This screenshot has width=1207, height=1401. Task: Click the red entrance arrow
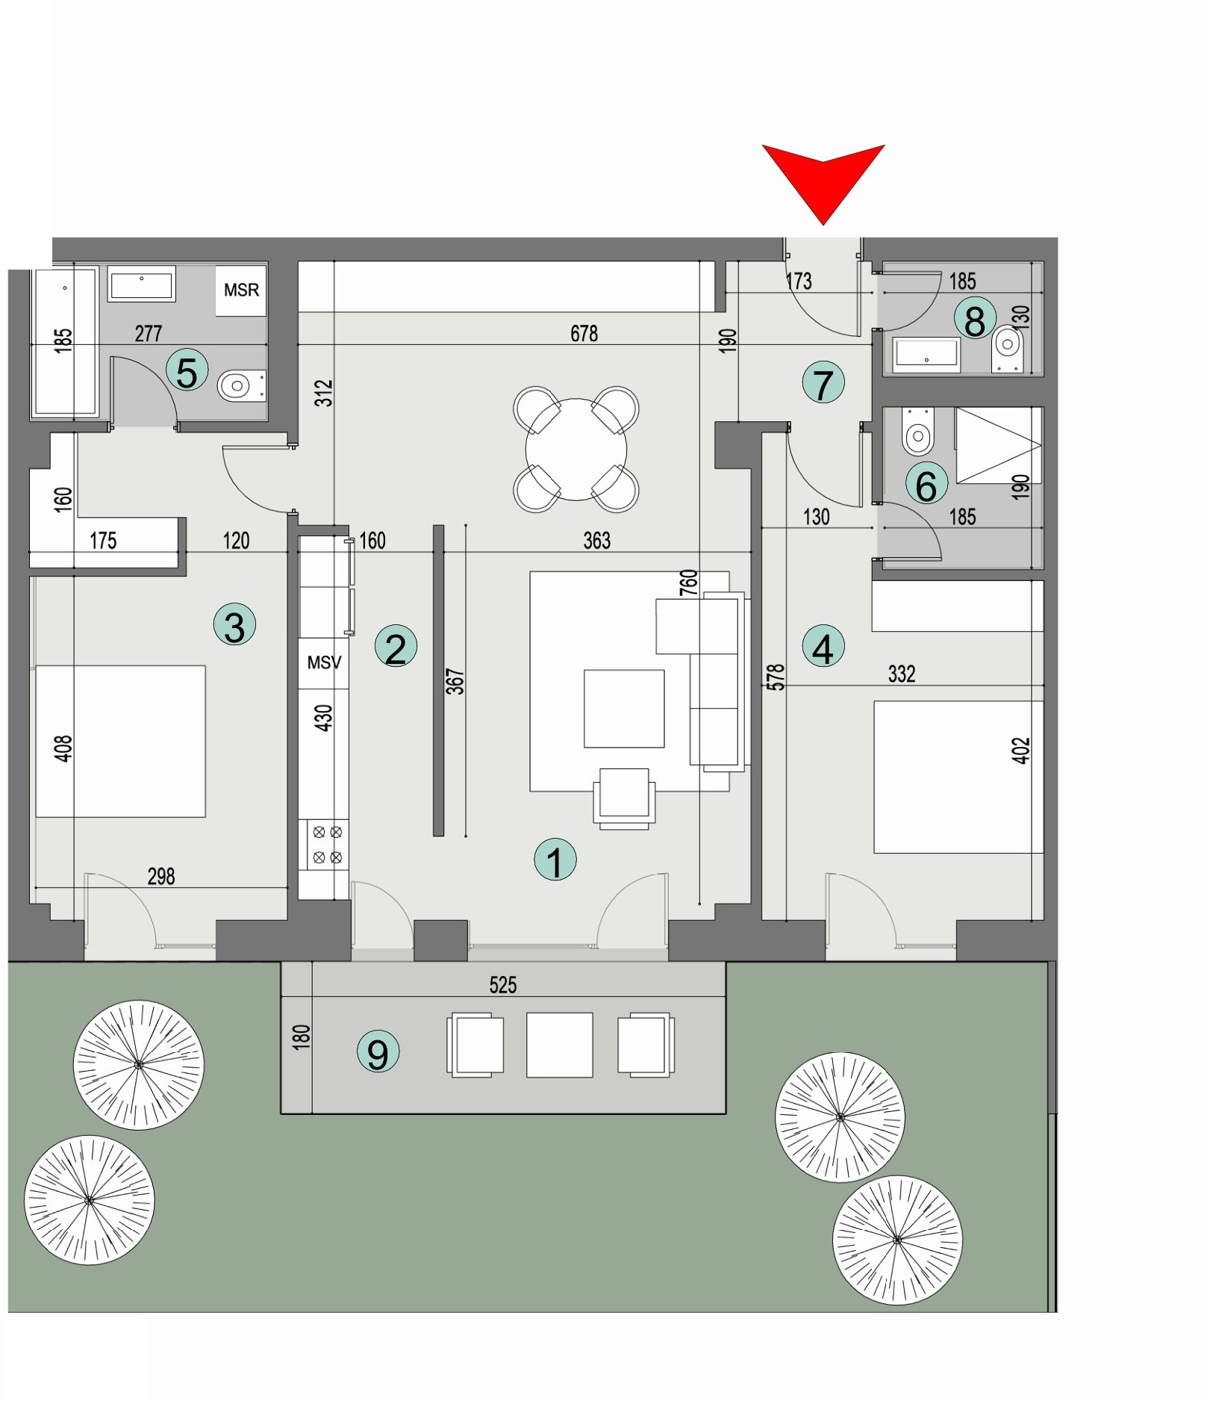[x=823, y=179]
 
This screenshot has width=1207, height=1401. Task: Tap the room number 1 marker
[x=555, y=860]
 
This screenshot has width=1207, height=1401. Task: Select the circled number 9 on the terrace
[x=378, y=1051]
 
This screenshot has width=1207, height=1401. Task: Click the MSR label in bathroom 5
[x=241, y=290]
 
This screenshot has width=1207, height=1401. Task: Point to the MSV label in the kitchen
[x=324, y=662]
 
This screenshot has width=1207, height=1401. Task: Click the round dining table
[x=576, y=450]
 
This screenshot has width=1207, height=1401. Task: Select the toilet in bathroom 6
[x=917, y=432]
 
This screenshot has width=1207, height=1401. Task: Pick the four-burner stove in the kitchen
[x=327, y=845]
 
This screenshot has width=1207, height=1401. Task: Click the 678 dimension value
[x=584, y=333]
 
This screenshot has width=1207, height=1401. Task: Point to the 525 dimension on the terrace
[x=502, y=985]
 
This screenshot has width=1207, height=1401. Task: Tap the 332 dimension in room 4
[x=901, y=674]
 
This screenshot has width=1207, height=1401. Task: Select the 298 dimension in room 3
[x=161, y=876]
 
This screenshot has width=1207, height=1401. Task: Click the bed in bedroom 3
[x=120, y=741]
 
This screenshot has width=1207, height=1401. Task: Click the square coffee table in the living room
[x=624, y=708]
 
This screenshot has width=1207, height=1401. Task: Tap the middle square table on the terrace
[x=559, y=1045]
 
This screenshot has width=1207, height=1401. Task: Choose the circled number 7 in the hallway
[x=823, y=383]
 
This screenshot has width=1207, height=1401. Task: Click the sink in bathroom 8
[x=926, y=353]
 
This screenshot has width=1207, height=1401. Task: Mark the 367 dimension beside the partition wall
[x=455, y=681]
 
